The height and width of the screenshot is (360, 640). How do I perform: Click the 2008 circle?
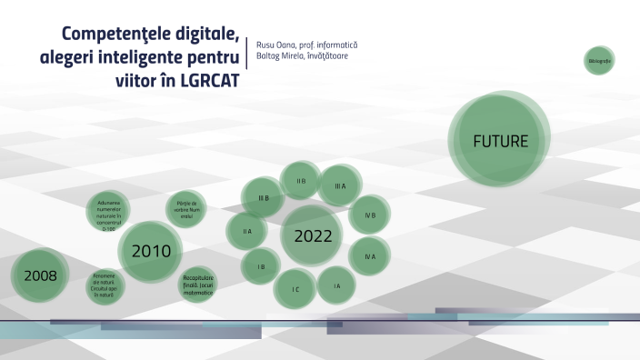[x=41, y=275]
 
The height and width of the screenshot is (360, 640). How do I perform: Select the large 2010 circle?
[x=151, y=251]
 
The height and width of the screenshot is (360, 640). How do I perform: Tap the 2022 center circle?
[x=312, y=235]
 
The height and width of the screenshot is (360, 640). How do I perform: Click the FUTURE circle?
[x=499, y=141]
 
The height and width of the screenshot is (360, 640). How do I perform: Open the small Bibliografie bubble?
[x=600, y=60]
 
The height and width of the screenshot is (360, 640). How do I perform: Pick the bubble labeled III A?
[x=340, y=185]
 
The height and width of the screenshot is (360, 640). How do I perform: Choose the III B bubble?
[x=263, y=197]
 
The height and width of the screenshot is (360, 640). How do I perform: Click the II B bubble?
[x=300, y=181]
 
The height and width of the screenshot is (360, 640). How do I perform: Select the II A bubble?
[x=246, y=231]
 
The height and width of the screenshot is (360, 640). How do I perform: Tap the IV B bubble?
[x=370, y=215]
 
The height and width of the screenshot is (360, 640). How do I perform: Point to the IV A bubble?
[x=369, y=256]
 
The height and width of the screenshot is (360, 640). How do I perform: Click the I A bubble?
[x=336, y=285]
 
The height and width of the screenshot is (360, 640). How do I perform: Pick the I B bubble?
[x=261, y=266]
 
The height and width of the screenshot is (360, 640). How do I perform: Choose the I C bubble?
[x=295, y=288]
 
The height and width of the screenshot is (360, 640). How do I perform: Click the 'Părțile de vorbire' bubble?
[x=185, y=208]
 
